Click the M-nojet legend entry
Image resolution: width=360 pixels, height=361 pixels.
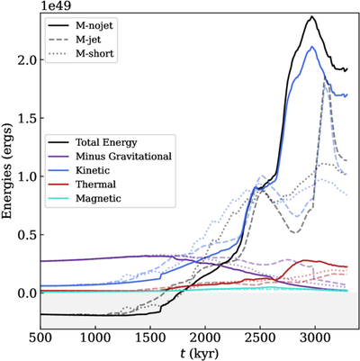[x=80, y=25]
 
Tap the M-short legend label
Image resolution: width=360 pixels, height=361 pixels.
[x=81, y=53]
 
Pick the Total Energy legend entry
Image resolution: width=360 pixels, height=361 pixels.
[x=92, y=142]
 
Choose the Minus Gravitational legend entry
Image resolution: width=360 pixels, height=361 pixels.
[x=110, y=156]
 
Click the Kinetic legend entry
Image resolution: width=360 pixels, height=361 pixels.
[x=78, y=170]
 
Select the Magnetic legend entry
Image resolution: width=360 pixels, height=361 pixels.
[x=85, y=198]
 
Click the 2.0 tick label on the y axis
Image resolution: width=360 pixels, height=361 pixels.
[x=26, y=59]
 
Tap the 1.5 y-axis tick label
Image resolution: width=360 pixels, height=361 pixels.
[x=26, y=118]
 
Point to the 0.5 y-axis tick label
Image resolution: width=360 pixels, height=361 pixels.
[x=26, y=234]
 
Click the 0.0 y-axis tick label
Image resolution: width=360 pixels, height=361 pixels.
[x=26, y=293]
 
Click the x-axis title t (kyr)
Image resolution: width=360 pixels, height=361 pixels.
[x=199, y=353]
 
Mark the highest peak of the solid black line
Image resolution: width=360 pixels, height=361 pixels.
[x=312, y=16]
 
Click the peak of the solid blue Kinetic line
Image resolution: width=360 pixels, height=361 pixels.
[x=312, y=47]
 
